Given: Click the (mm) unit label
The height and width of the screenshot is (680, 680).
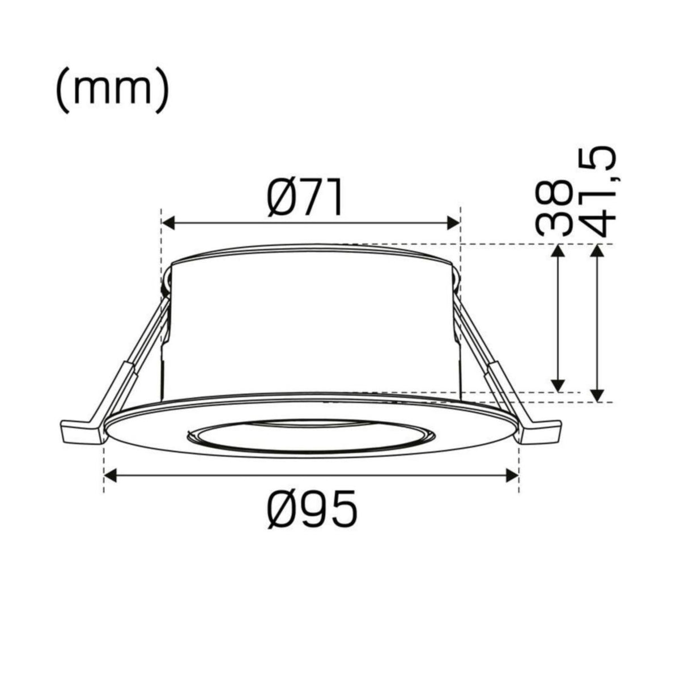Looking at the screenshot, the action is [113, 92].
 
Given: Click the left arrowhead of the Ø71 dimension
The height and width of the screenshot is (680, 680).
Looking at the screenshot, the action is [168, 223].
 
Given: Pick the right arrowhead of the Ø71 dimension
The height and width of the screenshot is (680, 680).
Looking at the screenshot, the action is [453, 223].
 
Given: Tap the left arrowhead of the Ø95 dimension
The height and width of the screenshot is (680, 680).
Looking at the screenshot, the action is [110, 475].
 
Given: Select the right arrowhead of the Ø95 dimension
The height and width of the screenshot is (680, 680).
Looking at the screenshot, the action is [512, 475].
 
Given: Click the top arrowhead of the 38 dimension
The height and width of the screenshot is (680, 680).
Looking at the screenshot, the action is [558, 250].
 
